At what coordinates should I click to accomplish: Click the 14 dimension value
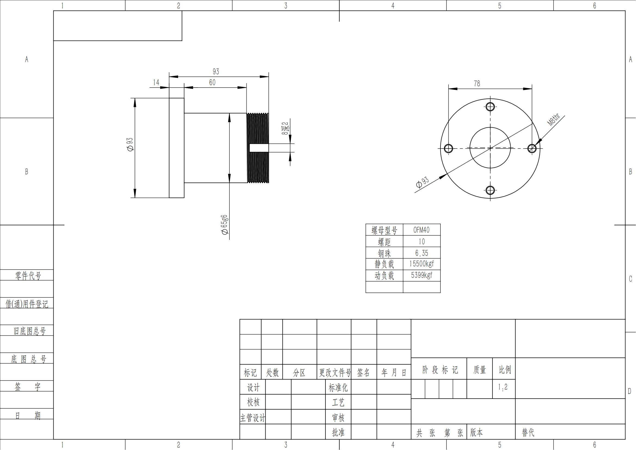tap(156, 82)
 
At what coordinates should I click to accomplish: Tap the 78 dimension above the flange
tap(477, 84)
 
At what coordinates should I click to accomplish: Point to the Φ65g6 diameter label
tap(224, 225)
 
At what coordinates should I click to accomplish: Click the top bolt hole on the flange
tap(490, 107)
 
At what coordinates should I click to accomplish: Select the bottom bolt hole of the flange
tap(490, 190)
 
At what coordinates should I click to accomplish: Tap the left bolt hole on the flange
tap(448, 149)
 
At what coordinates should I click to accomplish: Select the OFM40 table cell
tap(421, 230)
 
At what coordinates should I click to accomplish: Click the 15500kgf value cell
tap(421, 264)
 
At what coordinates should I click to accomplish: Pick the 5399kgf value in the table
tap(421, 275)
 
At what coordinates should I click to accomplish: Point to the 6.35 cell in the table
tap(421, 253)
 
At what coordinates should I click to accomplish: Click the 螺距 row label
tap(384, 242)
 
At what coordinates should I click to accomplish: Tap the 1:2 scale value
tap(503, 387)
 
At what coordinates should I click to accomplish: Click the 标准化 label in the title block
tap(338, 387)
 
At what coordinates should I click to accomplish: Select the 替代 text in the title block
tap(528, 432)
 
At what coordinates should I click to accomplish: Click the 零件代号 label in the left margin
tap(28, 275)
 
